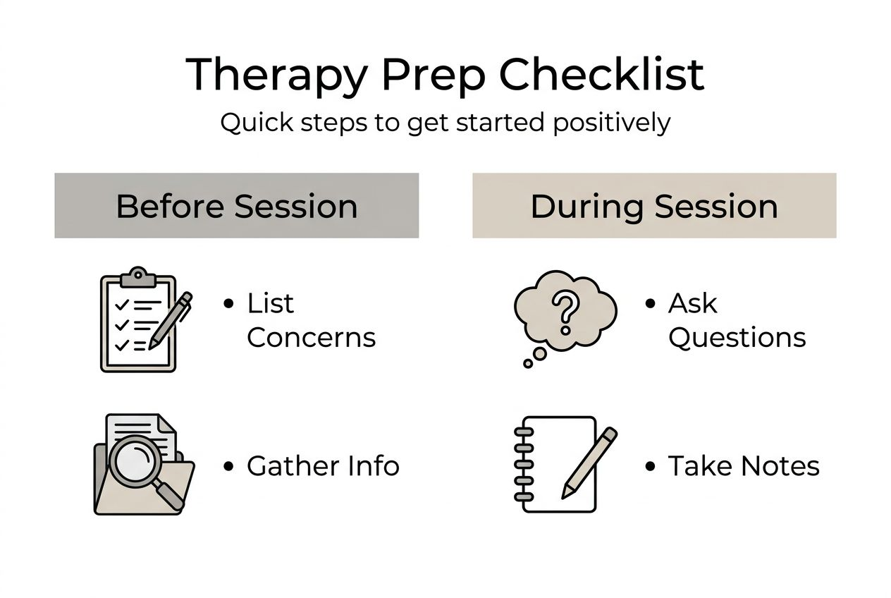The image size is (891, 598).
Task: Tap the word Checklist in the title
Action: coord(601,75)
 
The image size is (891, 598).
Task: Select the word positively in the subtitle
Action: coord(612,123)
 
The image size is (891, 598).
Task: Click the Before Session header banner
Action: coord(237,205)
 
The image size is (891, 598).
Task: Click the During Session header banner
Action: coord(654,205)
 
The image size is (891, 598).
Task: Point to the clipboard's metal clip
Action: coord(138,277)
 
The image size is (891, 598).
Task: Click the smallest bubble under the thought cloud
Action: coord(528,363)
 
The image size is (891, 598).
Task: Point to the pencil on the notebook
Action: coord(589,463)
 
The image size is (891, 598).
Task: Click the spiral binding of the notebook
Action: coord(524,464)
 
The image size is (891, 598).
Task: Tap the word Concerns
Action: coord(311,338)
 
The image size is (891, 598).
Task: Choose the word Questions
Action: coord(737,338)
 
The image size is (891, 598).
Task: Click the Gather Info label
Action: coord(323,465)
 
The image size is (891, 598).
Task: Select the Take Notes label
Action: coord(744,465)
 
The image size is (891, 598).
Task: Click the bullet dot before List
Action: coord(228,303)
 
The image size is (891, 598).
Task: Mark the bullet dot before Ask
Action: coord(650,303)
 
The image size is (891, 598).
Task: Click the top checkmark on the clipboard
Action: coord(121,305)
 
